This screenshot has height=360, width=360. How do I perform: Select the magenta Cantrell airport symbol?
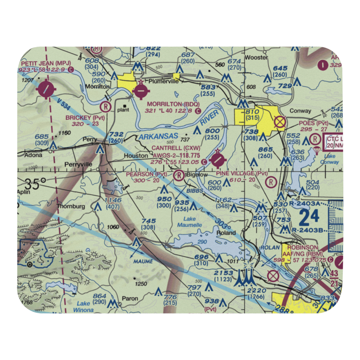coord(218,160)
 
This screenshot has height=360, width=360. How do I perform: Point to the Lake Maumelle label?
coord(189,222)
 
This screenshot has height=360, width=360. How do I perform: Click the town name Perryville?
coord(78,165)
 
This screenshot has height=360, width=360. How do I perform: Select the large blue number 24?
coord(309,217)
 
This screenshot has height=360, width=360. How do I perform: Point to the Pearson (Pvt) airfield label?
coord(147,174)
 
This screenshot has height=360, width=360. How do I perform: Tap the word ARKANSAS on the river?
coord(158,136)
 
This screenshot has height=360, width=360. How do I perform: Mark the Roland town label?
coord(226,233)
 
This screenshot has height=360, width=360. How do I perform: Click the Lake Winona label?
coord(83,307)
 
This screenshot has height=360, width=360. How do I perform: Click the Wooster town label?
coord(256,58)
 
